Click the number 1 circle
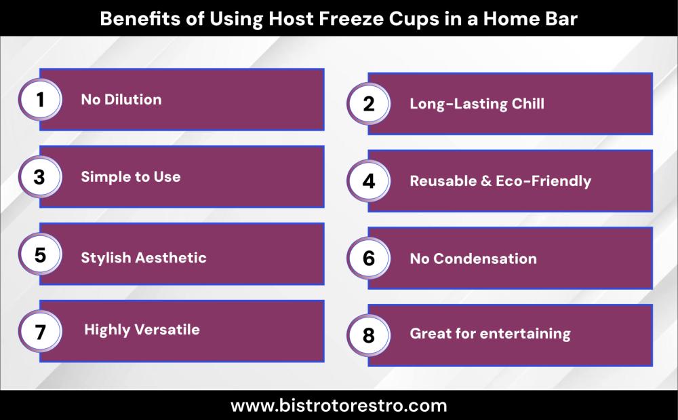tap(40, 100)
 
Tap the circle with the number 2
tap(368, 104)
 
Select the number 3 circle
tap(40, 177)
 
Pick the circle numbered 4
tap(368, 181)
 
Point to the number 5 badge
tap(40, 254)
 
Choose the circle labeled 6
tap(368, 259)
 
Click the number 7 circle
tap(40, 332)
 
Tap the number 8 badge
tap(368, 336)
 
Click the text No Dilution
tap(121, 100)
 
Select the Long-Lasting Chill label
tap(477, 104)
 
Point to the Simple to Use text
tap(131, 176)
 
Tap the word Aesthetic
tap(171, 258)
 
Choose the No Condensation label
tap(473, 259)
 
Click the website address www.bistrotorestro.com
tap(338, 406)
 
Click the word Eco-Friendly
tap(543, 181)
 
